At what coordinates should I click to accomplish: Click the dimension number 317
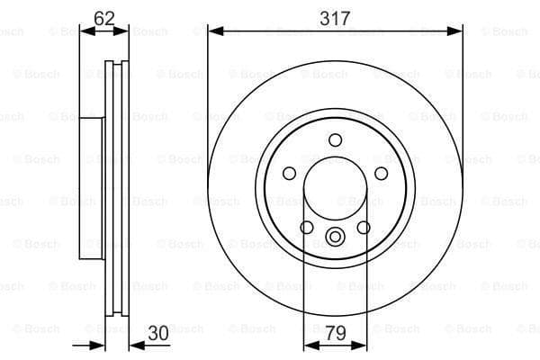pyautogui.click(x=335, y=16)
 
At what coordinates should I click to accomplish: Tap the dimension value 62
pyautogui.click(x=103, y=16)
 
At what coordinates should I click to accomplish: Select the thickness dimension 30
pyautogui.click(x=158, y=333)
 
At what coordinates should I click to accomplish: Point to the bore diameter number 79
pyautogui.click(x=335, y=333)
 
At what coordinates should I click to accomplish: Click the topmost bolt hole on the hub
pyautogui.click(x=335, y=139)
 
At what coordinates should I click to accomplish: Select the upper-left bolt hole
pyautogui.click(x=290, y=173)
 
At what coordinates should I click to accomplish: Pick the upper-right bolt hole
pyautogui.click(x=381, y=173)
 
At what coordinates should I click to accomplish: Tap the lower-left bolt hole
pyautogui.click(x=307, y=227)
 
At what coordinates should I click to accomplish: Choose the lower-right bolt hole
pyautogui.click(x=364, y=227)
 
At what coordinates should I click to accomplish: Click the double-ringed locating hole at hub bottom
pyautogui.click(x=335, y=238)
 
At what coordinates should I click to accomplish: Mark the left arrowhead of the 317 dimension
pyautogui.click(x=213, y=31)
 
